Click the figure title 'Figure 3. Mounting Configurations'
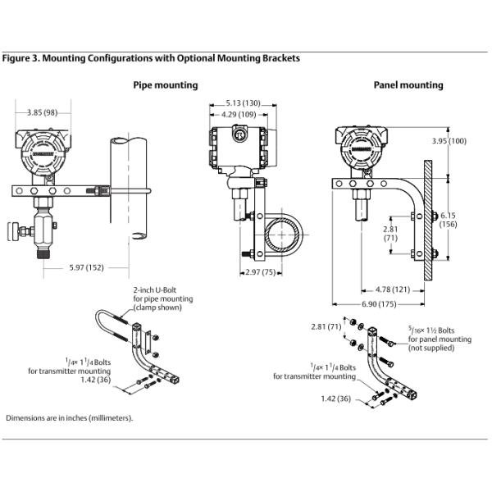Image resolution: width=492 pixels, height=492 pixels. click(152, 58)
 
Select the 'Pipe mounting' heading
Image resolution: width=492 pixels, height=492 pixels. click(165, 85)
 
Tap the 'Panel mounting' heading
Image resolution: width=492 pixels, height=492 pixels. click(408, 85)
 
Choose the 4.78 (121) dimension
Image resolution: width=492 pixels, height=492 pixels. click(393, 289)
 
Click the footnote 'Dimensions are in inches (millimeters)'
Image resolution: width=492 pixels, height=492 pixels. click(69, 417)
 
